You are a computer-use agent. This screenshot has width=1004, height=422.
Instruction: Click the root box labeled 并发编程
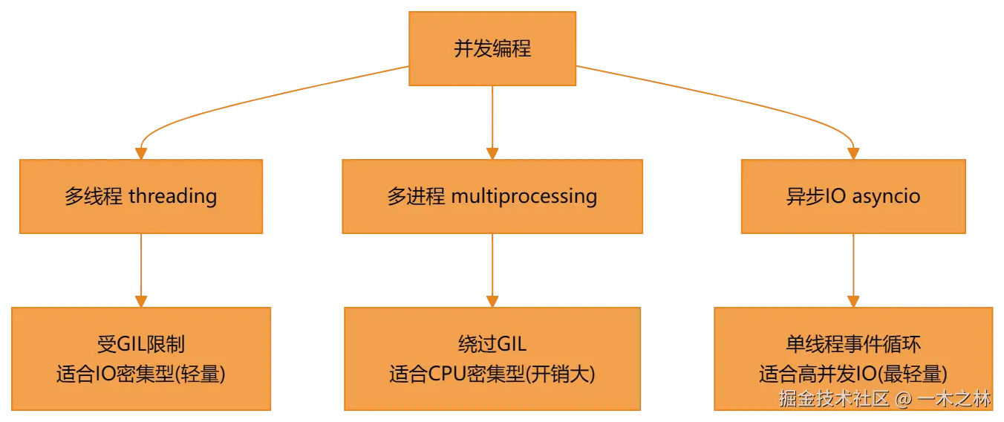(492, 48)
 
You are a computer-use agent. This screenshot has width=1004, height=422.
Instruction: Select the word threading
(173, 197)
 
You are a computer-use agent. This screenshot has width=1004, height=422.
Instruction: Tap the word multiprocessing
(524, 197)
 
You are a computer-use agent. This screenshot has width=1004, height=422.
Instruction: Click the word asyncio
(886, 197)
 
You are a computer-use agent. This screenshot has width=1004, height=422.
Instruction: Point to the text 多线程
(94, 196)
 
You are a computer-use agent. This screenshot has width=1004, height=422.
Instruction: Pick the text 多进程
(416, 196)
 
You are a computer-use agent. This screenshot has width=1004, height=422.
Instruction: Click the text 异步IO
(816, 196)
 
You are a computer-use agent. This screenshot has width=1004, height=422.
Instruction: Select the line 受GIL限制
(141, 345)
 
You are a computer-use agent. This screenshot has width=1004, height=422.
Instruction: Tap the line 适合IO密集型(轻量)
(141, 374)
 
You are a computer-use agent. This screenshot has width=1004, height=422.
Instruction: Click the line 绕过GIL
(492, 345)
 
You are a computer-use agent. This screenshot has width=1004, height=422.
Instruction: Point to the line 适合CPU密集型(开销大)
(492, 374)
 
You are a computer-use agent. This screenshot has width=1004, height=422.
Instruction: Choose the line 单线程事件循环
(853, 345)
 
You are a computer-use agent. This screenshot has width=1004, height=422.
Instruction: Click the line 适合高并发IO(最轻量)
(853, 374)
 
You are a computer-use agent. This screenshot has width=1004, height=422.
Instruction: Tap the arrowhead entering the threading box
(141, 154)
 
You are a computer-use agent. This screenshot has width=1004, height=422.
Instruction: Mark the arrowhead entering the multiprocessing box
(492, 154)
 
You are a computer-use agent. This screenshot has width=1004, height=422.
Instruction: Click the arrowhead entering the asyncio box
(853, 154)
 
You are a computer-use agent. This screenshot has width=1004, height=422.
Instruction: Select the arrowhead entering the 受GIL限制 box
(141, 302)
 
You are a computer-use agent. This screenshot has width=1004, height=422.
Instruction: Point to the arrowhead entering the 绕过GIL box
(492, 302)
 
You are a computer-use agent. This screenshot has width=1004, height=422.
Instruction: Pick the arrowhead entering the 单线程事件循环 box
(853, 302)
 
